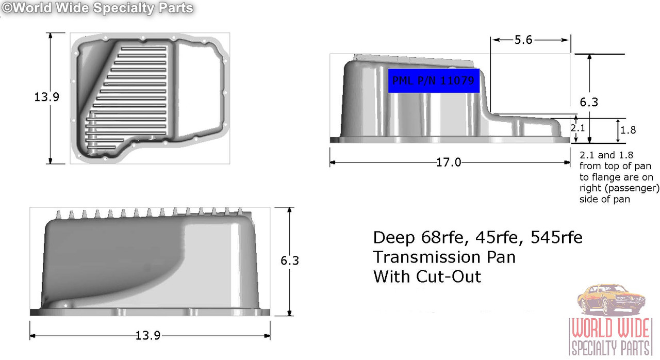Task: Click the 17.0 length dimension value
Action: tap(449, 162)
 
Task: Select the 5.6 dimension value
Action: tap(523, 40)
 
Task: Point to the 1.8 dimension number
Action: tap(628, 130)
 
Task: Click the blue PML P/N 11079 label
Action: tap(434, 80)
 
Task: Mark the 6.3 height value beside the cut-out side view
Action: tap(588, 102)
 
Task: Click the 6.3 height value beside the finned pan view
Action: tap(290, 261)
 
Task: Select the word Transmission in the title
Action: tap(444, 257)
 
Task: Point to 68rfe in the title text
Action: tap(439, 238)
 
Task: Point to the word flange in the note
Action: tap(603, 177)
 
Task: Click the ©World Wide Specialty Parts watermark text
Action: tap(97, 8)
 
